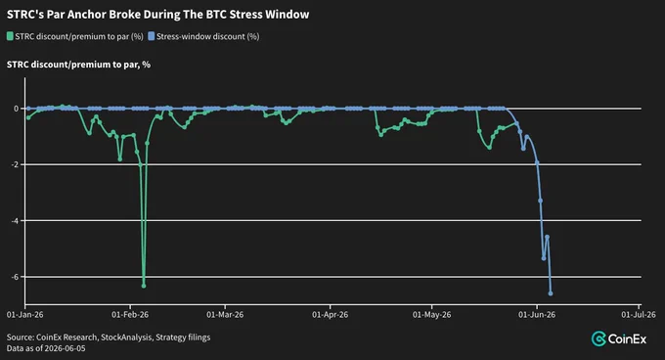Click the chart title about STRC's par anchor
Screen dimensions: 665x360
[x=157, y=15]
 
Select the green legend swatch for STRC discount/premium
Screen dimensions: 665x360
[x=10, y=36]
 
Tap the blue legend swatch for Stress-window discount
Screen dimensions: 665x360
[x=151, y=36]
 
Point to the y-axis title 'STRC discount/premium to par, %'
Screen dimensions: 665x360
[x=78, y=65]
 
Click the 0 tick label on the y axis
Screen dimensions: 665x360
[x=16, y=109]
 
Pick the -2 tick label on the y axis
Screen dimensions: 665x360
[x=15, y=164]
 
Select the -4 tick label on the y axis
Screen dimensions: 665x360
[x=15, y=220]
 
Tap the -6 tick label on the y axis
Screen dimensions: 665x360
[x=15, y=277]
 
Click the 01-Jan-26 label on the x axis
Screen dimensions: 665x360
[x=25, y=315]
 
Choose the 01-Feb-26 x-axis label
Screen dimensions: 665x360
[x=130, y=315]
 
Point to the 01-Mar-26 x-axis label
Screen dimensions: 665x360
[x=225, y=315]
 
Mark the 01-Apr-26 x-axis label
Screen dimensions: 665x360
[x=330, y=315]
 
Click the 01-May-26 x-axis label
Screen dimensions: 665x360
[x=431, y=315]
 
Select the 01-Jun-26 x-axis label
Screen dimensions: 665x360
[x=537, y=315]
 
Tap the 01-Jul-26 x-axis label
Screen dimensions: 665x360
[x=639, y=315]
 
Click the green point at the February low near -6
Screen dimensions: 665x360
[x=144, y=286]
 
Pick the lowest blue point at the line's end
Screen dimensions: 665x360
[x=551, y=293]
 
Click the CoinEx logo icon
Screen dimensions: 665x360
[x=598, y=338]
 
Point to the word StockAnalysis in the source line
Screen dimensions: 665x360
[x=126, y=337]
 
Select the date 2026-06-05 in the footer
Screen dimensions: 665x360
[x=64, y=348]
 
